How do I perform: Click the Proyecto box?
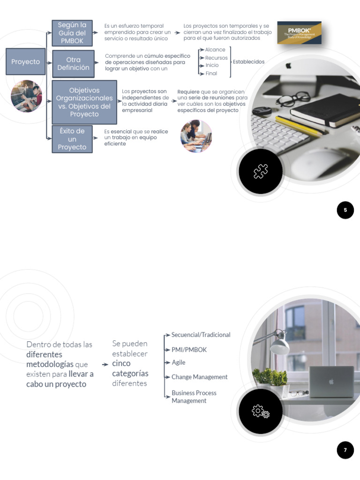coord(26,62)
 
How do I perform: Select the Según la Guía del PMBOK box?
coord(72,33)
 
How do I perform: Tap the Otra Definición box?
coord(73,64)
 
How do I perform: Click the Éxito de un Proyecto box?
coord(72,139)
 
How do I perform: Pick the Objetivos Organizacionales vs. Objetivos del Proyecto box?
coord(84,102)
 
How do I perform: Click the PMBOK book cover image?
coord(299,32)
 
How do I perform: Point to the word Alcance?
coord(215,50)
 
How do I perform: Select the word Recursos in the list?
coord(216,58)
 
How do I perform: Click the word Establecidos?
coord(248,62)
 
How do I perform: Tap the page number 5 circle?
coord(345,210)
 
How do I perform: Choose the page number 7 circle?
coord(345,450)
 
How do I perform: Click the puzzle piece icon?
coord(261,172)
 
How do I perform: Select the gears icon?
coord(261,412)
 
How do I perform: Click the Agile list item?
coord(178,362)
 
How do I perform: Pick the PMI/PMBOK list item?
coord(189,350)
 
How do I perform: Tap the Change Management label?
coord(199,377)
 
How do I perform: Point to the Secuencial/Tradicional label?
coord(201,335)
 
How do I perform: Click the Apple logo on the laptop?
coord(331,382)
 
